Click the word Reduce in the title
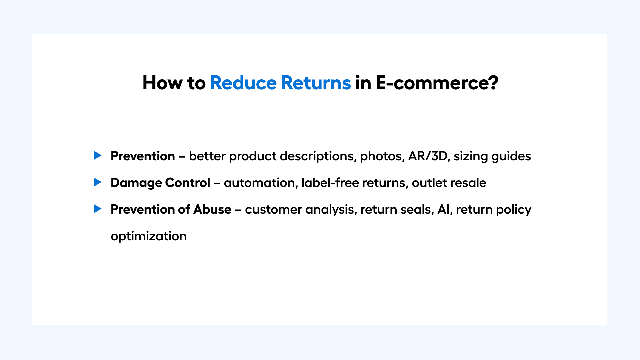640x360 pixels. point(243,83)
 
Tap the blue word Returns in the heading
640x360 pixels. point(316,83)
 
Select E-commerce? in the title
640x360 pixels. point(437,83)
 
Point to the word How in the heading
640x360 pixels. point(163,83)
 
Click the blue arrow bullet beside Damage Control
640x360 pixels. point(98,182)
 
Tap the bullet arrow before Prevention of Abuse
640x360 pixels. point(98,209)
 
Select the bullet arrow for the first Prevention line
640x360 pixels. point(98,155)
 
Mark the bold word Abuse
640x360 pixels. point(212,209)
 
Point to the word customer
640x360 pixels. point(273,210)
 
